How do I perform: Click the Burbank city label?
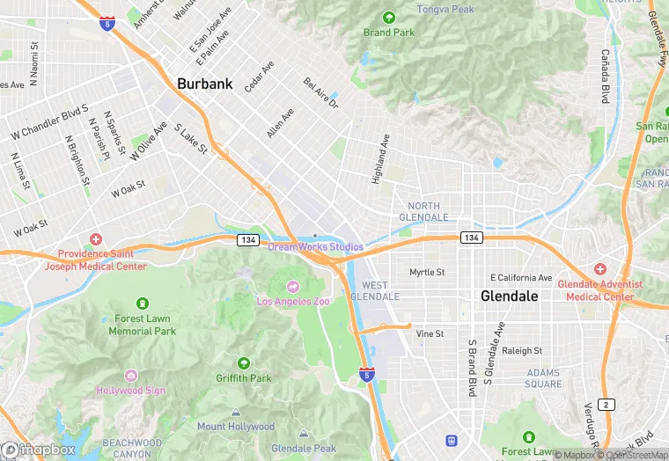click(204, 84)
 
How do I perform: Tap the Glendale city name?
click(509, 296)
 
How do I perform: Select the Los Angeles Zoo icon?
click(293, 286)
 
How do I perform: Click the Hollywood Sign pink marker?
click(131, 376)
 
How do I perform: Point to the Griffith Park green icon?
click(244, 363)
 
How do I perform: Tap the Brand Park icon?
click(389, 18)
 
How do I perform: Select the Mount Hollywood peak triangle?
click(235, 413)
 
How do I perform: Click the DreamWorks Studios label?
click(315, 247)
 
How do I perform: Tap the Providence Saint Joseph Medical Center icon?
click(96, 239)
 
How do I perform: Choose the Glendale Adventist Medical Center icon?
click(599, 268)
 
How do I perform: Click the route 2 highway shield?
click(606, 404)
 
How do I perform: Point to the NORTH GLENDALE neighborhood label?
click(424, 211)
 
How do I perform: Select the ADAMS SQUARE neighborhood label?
click(543, 378)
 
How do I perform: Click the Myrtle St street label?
click(427, 273)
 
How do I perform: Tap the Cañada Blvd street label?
click(605, 76)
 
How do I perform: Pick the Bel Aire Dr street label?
click(320, 92)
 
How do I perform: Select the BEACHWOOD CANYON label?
click(131, 448)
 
